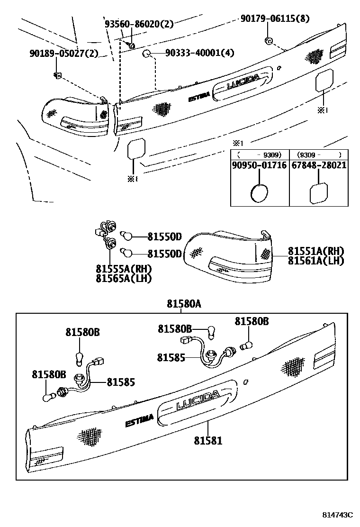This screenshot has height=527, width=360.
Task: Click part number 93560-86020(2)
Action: click(139, 23)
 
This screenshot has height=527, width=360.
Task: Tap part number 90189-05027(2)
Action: click(63, 53)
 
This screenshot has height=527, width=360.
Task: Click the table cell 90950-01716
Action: click(260, 165)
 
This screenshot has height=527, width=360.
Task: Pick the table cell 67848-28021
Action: click(318, 165)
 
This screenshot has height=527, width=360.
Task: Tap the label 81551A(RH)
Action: click(315, 251)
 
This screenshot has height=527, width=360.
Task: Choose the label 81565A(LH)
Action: click(123, 279)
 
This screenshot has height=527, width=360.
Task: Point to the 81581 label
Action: click(207, 440)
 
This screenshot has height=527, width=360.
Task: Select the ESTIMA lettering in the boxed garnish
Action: click(139, 420)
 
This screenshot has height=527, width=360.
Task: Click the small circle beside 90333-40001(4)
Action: click(147, 53)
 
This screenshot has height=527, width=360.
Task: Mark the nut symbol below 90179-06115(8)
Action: click(268, 40)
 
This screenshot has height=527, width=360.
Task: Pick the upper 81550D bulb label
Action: click(164, 236)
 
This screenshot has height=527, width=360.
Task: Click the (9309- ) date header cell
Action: click(318, 154)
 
